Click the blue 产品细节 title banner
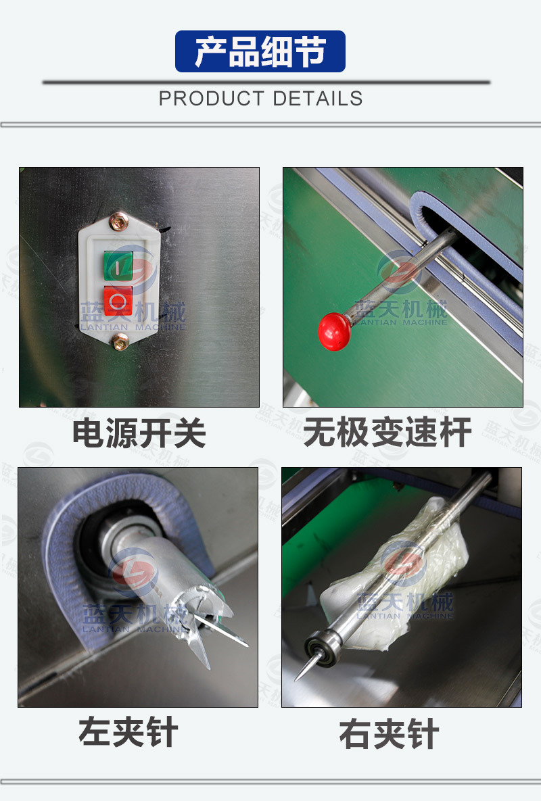pos(260,51)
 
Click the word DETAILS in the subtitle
pos(318,99)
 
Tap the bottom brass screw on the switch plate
pos(120,341)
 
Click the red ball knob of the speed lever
pos(335,331)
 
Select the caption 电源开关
pos(139,433)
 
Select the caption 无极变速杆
pos(387,432)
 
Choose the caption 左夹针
pos(128,732)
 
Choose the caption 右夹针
pos(390,734)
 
